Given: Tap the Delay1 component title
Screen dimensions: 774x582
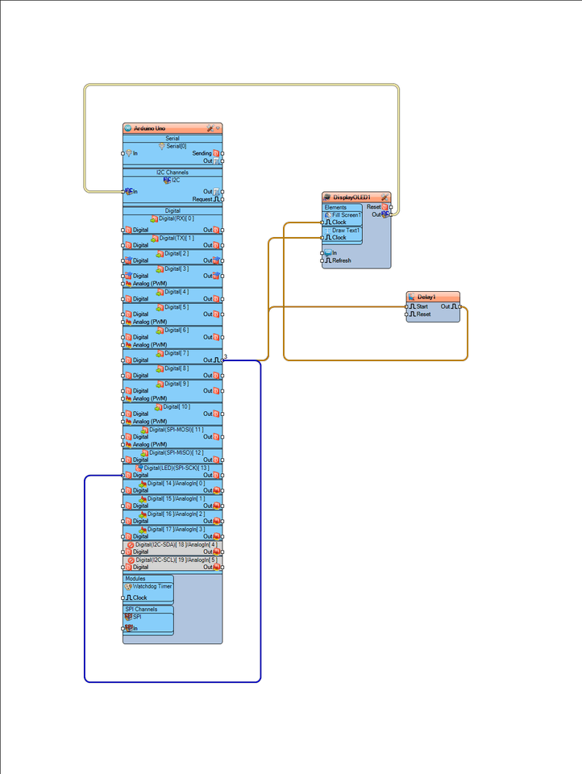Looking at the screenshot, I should [427, 297].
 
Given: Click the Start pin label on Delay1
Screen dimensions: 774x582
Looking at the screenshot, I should [422, 306].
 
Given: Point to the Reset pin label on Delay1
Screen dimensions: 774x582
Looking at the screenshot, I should [423, 314].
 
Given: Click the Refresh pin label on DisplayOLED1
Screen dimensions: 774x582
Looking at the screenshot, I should [342, 260].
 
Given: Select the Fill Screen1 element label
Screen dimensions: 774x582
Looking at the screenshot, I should [346, 215].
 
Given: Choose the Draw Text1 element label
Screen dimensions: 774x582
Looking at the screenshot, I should [347, 231].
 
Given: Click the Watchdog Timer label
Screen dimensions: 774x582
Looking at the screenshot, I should [152, 587].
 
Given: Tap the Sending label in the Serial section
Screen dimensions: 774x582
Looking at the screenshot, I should [202, 153].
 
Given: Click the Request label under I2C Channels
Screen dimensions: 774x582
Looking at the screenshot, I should [202, 199].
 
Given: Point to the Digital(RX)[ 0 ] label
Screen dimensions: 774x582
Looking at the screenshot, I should [176, 218].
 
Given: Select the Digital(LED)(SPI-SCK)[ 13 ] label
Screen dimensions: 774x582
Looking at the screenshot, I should [177, 468].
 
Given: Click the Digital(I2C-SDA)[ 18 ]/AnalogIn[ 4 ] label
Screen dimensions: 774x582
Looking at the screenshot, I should [176, 544].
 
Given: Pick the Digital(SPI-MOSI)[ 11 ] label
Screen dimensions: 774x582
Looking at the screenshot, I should [176, 430].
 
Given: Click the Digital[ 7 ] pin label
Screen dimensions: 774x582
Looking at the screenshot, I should [177, 353].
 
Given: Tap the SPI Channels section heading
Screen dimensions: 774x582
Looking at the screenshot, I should [141, 609].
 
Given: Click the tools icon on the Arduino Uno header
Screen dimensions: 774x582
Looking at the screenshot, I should [210, 128].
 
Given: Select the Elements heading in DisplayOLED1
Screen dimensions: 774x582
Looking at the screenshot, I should [335, 207].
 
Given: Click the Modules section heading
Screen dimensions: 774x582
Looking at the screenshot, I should [135, 578].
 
